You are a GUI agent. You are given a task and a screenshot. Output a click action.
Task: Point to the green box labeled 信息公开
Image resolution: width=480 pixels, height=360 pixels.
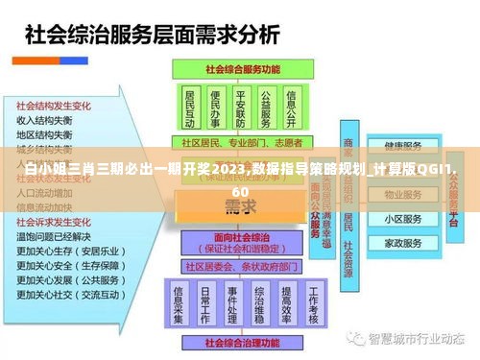pos(292,108)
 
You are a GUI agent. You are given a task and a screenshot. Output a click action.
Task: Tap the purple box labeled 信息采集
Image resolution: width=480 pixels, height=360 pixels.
pos(179,300)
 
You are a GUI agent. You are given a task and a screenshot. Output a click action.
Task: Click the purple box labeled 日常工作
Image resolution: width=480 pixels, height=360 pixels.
pos(205,300)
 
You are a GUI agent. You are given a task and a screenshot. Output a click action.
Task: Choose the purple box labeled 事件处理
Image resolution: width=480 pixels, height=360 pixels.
pos(232,300)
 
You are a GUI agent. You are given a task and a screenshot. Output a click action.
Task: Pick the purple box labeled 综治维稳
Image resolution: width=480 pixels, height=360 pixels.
pos(259,300)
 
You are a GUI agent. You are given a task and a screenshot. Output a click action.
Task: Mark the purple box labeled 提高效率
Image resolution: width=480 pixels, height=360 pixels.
pos(286,300)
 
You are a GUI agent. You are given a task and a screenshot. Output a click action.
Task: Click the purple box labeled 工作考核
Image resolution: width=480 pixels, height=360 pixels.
pos(313,300)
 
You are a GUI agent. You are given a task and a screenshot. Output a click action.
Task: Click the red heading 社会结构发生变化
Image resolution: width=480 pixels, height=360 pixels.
pos(52,107)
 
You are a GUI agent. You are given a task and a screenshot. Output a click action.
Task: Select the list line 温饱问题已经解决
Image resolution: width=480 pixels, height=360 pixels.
pos(54,236)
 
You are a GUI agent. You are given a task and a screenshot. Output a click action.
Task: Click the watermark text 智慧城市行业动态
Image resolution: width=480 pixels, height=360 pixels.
pos(419,339)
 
